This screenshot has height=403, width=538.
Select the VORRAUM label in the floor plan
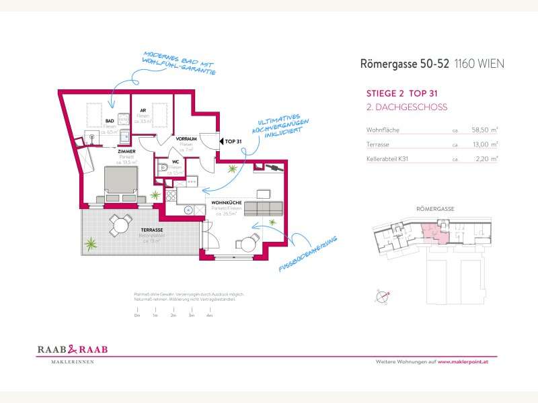coord(186,138)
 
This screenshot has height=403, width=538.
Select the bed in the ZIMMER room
coord(120,182)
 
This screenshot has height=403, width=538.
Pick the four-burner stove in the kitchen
coord(171,195)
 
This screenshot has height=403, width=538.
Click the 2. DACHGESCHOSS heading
coord(407,107)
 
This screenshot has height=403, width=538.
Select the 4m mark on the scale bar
coord(210,315)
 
